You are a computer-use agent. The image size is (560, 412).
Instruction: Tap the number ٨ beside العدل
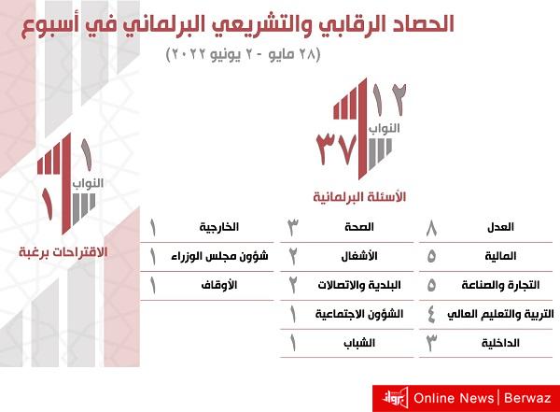click(x=430, y=227)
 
